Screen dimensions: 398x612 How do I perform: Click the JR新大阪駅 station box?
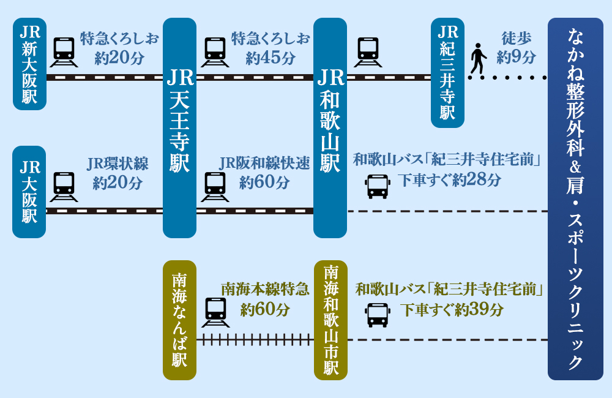29,64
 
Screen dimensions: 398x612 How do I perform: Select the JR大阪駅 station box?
29,192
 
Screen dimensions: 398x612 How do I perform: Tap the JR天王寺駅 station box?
179,127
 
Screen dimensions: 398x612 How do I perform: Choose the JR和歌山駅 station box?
330,127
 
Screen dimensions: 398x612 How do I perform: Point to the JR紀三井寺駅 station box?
447,72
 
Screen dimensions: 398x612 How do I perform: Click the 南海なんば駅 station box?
179,320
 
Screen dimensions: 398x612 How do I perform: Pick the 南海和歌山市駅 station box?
330,320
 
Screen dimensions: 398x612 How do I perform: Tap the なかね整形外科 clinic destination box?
575,199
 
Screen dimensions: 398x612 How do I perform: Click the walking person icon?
478,59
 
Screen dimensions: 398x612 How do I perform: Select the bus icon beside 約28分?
377,187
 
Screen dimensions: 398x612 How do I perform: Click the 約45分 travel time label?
270,59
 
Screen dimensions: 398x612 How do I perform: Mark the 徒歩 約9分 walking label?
516,48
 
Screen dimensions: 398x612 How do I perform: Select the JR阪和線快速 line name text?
264,163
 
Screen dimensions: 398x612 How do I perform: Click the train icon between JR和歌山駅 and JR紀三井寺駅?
367,52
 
